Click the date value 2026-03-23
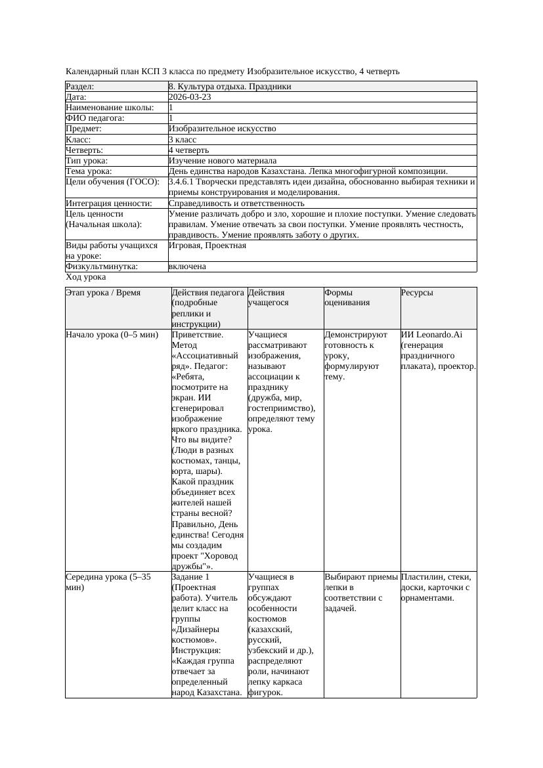(190, 97)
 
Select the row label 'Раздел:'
(80, 87)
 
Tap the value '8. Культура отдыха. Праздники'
(230, 87)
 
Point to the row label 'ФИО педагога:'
(95, 118)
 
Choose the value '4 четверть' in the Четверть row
(188, 150)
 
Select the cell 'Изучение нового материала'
(223, 161)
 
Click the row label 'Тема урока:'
(89, 171)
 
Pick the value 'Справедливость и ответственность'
(236, 203)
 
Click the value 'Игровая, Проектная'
(207, 245)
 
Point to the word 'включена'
(187, 267)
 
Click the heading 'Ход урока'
(86, 277)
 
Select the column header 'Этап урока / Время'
(103, 293)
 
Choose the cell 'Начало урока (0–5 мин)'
(112, 335)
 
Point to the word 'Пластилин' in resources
(420, 577)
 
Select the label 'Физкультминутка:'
(102, 267)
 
